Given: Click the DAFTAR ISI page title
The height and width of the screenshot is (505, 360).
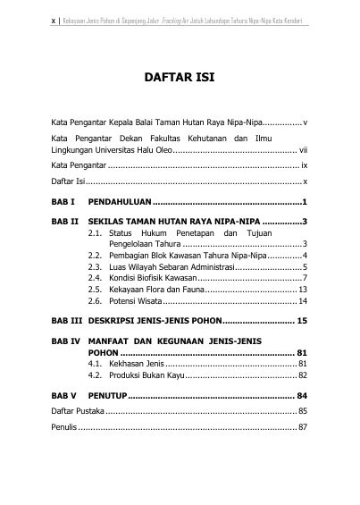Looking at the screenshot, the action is pos(180,78).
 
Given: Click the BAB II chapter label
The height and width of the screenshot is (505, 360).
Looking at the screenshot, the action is pos(64,221).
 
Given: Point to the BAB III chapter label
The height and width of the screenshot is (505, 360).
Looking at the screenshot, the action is pos(66,344).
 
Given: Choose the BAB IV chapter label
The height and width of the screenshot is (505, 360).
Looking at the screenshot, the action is pos(66,366).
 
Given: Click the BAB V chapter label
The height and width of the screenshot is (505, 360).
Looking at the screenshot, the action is pos(64,420).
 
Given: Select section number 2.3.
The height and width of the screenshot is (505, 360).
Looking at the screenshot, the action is pos(95,266).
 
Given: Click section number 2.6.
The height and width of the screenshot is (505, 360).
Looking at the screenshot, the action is pos(95,301).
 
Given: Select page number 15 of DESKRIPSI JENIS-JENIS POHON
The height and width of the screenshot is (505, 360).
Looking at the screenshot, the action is pos(302,344).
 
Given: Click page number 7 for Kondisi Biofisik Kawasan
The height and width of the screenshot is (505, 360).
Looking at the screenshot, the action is pos(305,278).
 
